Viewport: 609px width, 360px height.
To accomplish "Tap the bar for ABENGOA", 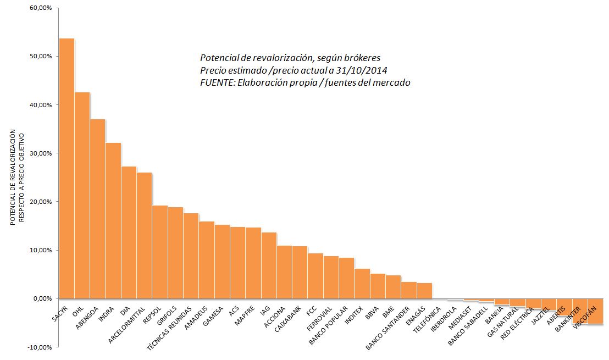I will pos(97,209).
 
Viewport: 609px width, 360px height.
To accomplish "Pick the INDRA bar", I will pos(113,220).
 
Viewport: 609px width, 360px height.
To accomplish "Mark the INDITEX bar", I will pos(362,284).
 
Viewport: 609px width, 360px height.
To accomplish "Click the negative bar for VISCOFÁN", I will pos(595,311).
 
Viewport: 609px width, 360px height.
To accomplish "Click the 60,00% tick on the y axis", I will pos(41,8).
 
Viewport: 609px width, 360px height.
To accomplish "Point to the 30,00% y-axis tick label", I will pos(41,153).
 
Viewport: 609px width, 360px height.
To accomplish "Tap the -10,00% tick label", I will pos(40,347).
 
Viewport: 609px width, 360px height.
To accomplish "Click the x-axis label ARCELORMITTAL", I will pos(127,324).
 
